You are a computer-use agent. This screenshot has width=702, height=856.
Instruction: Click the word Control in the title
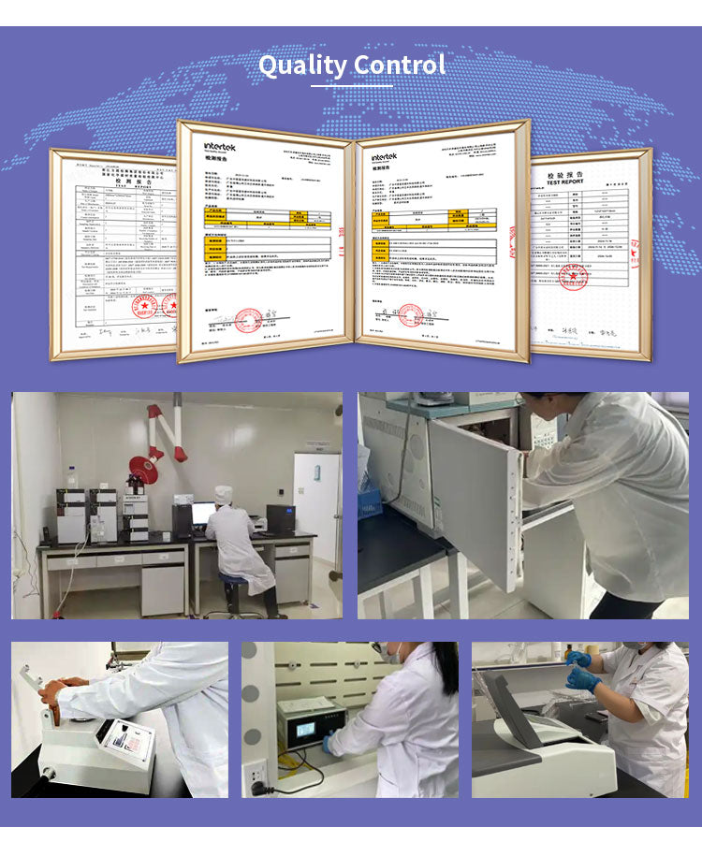[400, 65]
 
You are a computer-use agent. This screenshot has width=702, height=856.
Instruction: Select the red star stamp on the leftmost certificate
[144, 306]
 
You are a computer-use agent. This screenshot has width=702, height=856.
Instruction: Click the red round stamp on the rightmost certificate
[572, 276]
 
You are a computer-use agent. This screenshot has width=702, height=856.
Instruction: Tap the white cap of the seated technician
[223, 492]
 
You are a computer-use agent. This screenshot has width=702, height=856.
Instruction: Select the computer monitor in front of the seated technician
[203, 513]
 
